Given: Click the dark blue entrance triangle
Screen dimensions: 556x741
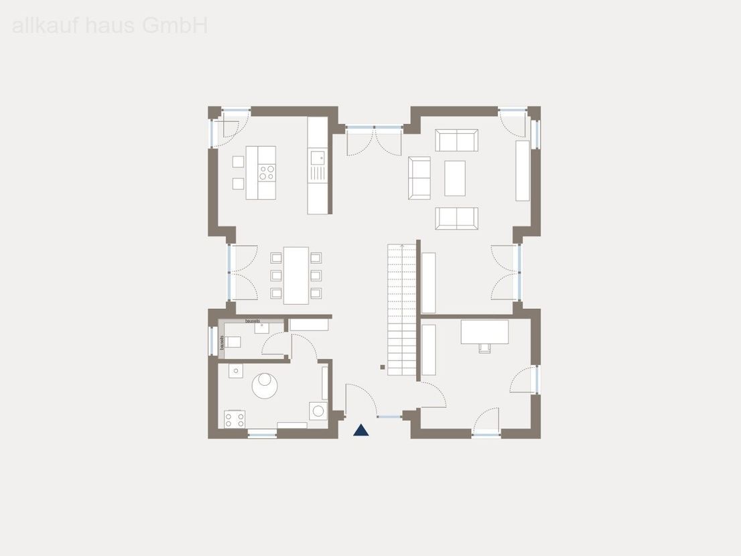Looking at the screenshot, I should point(361,431).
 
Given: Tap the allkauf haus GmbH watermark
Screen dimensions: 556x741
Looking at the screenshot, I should point(110,25).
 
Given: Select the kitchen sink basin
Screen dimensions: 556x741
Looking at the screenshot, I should point(317,158).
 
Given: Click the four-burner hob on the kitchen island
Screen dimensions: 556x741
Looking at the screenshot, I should point(267,172).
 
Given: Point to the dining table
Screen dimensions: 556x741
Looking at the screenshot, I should point(296,275).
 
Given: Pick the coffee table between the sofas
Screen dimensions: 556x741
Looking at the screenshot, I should point(455,178).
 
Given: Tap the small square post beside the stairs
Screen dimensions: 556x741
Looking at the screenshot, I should point(383,367).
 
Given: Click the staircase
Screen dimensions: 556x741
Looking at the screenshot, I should point(401,309).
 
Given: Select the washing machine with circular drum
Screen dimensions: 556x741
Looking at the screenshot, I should point(318,411).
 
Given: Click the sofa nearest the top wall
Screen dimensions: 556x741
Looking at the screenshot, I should point(457,140).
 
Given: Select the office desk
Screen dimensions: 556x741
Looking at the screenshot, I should point(484,332).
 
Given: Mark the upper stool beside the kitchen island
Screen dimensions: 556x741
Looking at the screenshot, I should point(239,161).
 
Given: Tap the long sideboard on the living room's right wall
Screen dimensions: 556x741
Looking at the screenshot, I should point(523,171).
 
